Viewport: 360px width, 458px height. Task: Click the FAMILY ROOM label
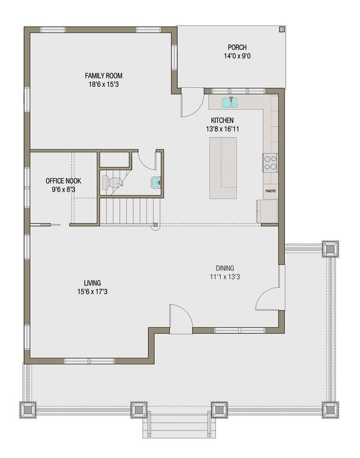pos(103,76)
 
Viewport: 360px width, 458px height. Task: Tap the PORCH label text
pos(237,48)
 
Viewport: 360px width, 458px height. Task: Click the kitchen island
pos(223,167)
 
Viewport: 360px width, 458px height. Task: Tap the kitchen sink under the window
pos(230,102)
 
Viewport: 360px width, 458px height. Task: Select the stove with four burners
pos(271,162)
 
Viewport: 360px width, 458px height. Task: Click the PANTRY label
pos(271,191)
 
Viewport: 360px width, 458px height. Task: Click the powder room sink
pos(155,182)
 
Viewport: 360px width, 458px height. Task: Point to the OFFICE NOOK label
pos(64,181)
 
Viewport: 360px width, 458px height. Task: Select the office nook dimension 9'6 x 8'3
pos(64,190)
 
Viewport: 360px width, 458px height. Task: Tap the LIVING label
pos(92,283)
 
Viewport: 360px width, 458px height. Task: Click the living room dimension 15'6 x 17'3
pos(92,292)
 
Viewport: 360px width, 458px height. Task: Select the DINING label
pos(225,268)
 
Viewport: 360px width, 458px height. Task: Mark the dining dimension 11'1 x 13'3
pos(225,277)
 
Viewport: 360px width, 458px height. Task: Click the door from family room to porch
pos(191,103)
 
